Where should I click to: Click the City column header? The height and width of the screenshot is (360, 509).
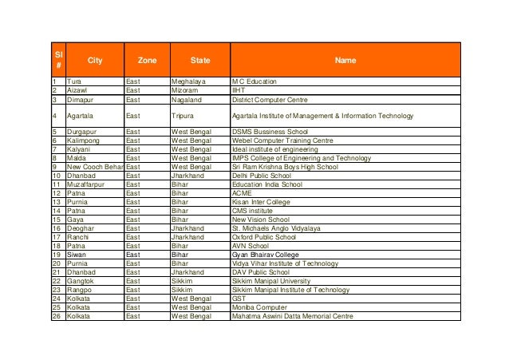point(95,60)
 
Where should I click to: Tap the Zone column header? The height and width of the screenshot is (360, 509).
point(148,60)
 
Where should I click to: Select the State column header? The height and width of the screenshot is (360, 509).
point(200,60)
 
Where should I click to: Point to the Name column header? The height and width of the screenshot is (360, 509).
point(345,60)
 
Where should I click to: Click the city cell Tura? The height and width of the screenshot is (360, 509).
point(73,82)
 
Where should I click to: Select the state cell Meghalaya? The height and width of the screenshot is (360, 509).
point(189,82)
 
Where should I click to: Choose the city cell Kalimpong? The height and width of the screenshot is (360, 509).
point(83,140)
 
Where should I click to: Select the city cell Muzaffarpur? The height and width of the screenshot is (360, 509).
point(85,184)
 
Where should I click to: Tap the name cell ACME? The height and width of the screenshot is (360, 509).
point(242,192)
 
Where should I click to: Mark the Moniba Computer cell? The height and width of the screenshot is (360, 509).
point(261,307)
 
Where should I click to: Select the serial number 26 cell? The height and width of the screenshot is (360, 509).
point(57,316)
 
